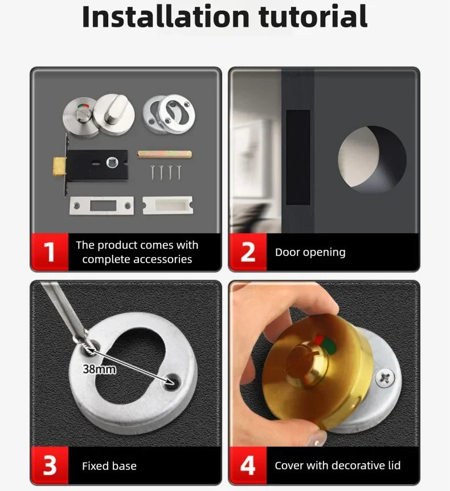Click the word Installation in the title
[166, 16]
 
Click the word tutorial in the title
[313, 16]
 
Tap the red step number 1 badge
[50, 252]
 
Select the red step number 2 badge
[248, 252]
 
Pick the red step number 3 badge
[50, 465]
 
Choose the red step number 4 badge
[248, 465]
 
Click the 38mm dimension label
[100, 369]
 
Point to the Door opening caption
[310, 252]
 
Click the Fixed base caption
[109, 466]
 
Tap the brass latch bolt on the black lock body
[59, 167]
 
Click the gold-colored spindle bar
[164, 154]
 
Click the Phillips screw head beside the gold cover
[386, 378]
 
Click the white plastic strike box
[168, 205]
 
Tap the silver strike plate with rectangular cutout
[101, 206]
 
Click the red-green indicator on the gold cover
[325, 344]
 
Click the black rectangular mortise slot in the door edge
[298, 157]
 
